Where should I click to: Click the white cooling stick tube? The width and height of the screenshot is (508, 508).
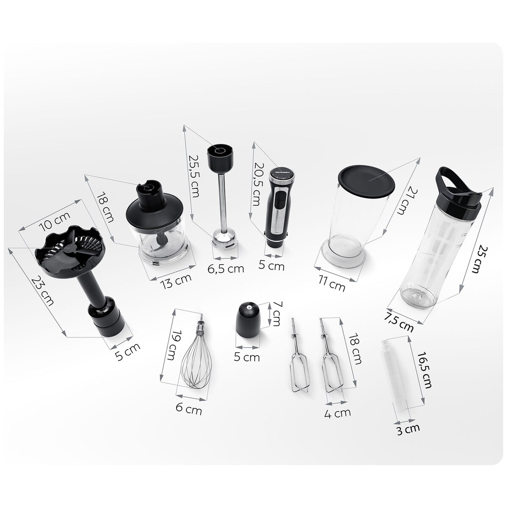(x=394, y=376)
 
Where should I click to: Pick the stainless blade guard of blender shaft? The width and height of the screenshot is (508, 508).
(x=225, y=240)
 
